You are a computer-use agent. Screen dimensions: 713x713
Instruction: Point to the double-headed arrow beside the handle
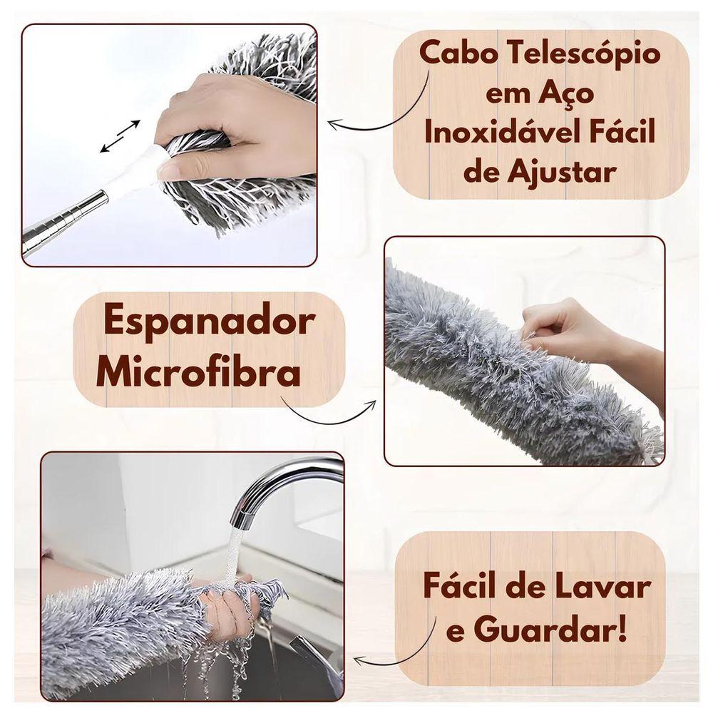click(120, 135)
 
